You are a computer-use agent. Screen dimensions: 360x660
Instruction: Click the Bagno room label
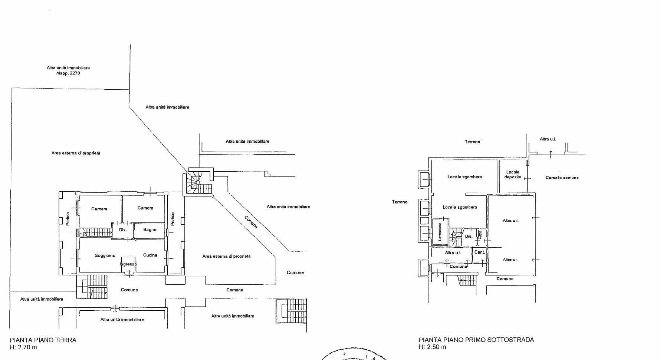(150, 230)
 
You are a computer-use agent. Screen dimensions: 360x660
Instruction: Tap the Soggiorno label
(105, 255)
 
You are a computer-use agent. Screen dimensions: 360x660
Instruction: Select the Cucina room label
(150, 255)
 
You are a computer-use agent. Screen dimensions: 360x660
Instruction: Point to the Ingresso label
(128, 264)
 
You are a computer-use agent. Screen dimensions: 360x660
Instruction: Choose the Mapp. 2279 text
(68, 73)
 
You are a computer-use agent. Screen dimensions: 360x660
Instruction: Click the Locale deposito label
(513, 175)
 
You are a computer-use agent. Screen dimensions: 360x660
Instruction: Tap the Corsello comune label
(562, 178)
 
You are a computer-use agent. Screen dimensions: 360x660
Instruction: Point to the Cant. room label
(479, 252)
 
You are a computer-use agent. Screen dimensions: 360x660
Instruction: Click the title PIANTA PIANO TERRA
(43, 340)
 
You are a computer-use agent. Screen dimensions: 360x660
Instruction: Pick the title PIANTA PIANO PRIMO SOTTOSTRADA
(476, 340)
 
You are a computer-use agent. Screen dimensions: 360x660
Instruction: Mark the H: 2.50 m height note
(432, 347)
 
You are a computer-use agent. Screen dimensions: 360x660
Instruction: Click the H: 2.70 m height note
(23, 347)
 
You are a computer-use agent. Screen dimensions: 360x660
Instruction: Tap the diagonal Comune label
(251, 222)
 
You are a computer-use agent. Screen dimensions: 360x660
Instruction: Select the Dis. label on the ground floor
(123, 230)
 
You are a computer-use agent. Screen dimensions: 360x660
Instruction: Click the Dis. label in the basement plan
(469, 237)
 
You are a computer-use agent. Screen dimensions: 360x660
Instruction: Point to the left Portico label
(68, 219)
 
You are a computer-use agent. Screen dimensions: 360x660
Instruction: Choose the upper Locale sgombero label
(464, 177)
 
